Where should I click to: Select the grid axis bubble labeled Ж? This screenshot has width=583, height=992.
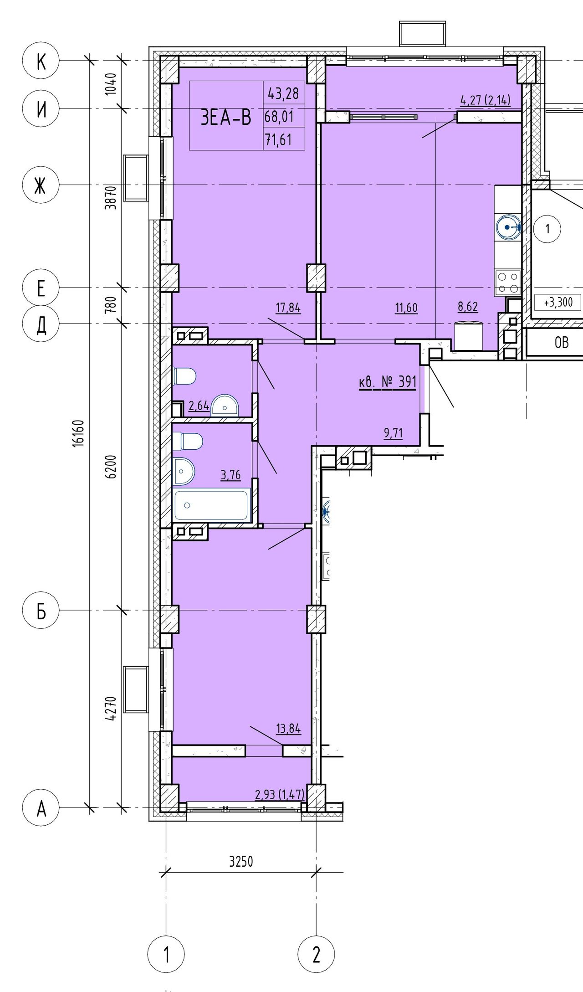pos(41,185)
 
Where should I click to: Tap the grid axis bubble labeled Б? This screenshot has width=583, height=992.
pos(41,610)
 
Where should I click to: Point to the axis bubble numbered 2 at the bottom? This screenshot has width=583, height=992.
pos(316,954)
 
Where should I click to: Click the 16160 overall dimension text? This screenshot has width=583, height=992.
pos(78,433)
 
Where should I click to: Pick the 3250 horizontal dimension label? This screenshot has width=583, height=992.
pos(241,862)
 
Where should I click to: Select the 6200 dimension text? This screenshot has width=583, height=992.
pos(111,466)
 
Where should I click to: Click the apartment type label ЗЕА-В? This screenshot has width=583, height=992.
pos(226,118)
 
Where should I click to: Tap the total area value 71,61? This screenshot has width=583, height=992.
pos(279,139)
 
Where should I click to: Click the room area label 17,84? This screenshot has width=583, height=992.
pos(288,308)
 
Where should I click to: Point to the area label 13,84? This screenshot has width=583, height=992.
pos(288,728)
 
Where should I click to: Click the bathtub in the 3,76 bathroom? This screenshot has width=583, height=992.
pos(212,505)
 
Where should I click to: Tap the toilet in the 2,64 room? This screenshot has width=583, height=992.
pos(184,376)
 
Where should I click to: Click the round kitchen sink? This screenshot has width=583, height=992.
pos(508,227)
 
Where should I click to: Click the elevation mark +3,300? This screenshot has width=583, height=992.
pos(558,302)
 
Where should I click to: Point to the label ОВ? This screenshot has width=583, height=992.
pos(562,342)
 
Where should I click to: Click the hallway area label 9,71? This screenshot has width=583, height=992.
pos(394,432)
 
